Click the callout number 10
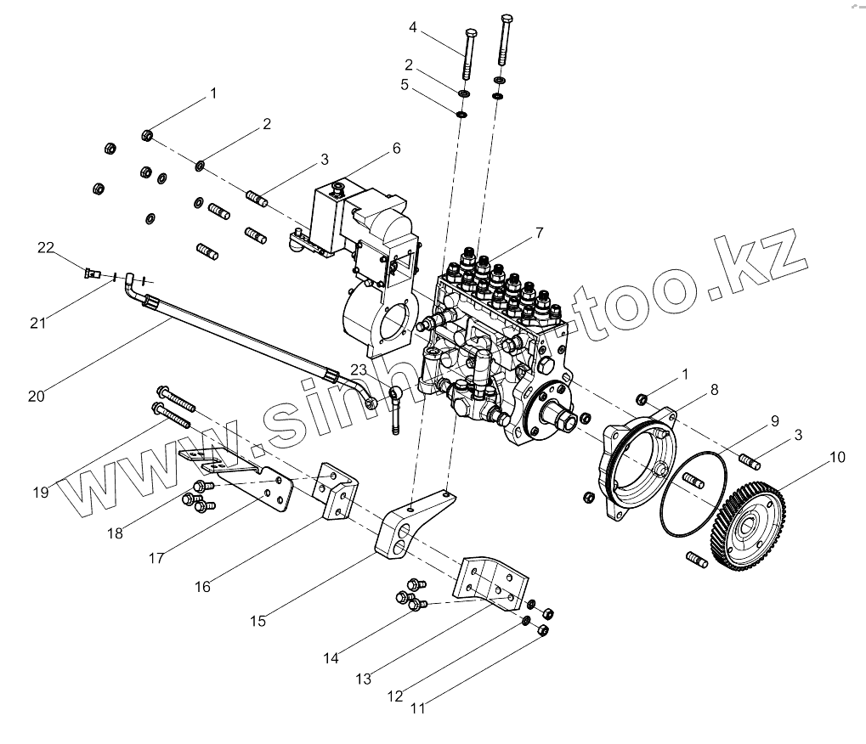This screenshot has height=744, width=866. [837, 457]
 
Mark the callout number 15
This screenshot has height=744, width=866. [258, 621]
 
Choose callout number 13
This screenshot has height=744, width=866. [364, 679]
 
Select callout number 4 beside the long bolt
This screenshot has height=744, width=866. [413, 27]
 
